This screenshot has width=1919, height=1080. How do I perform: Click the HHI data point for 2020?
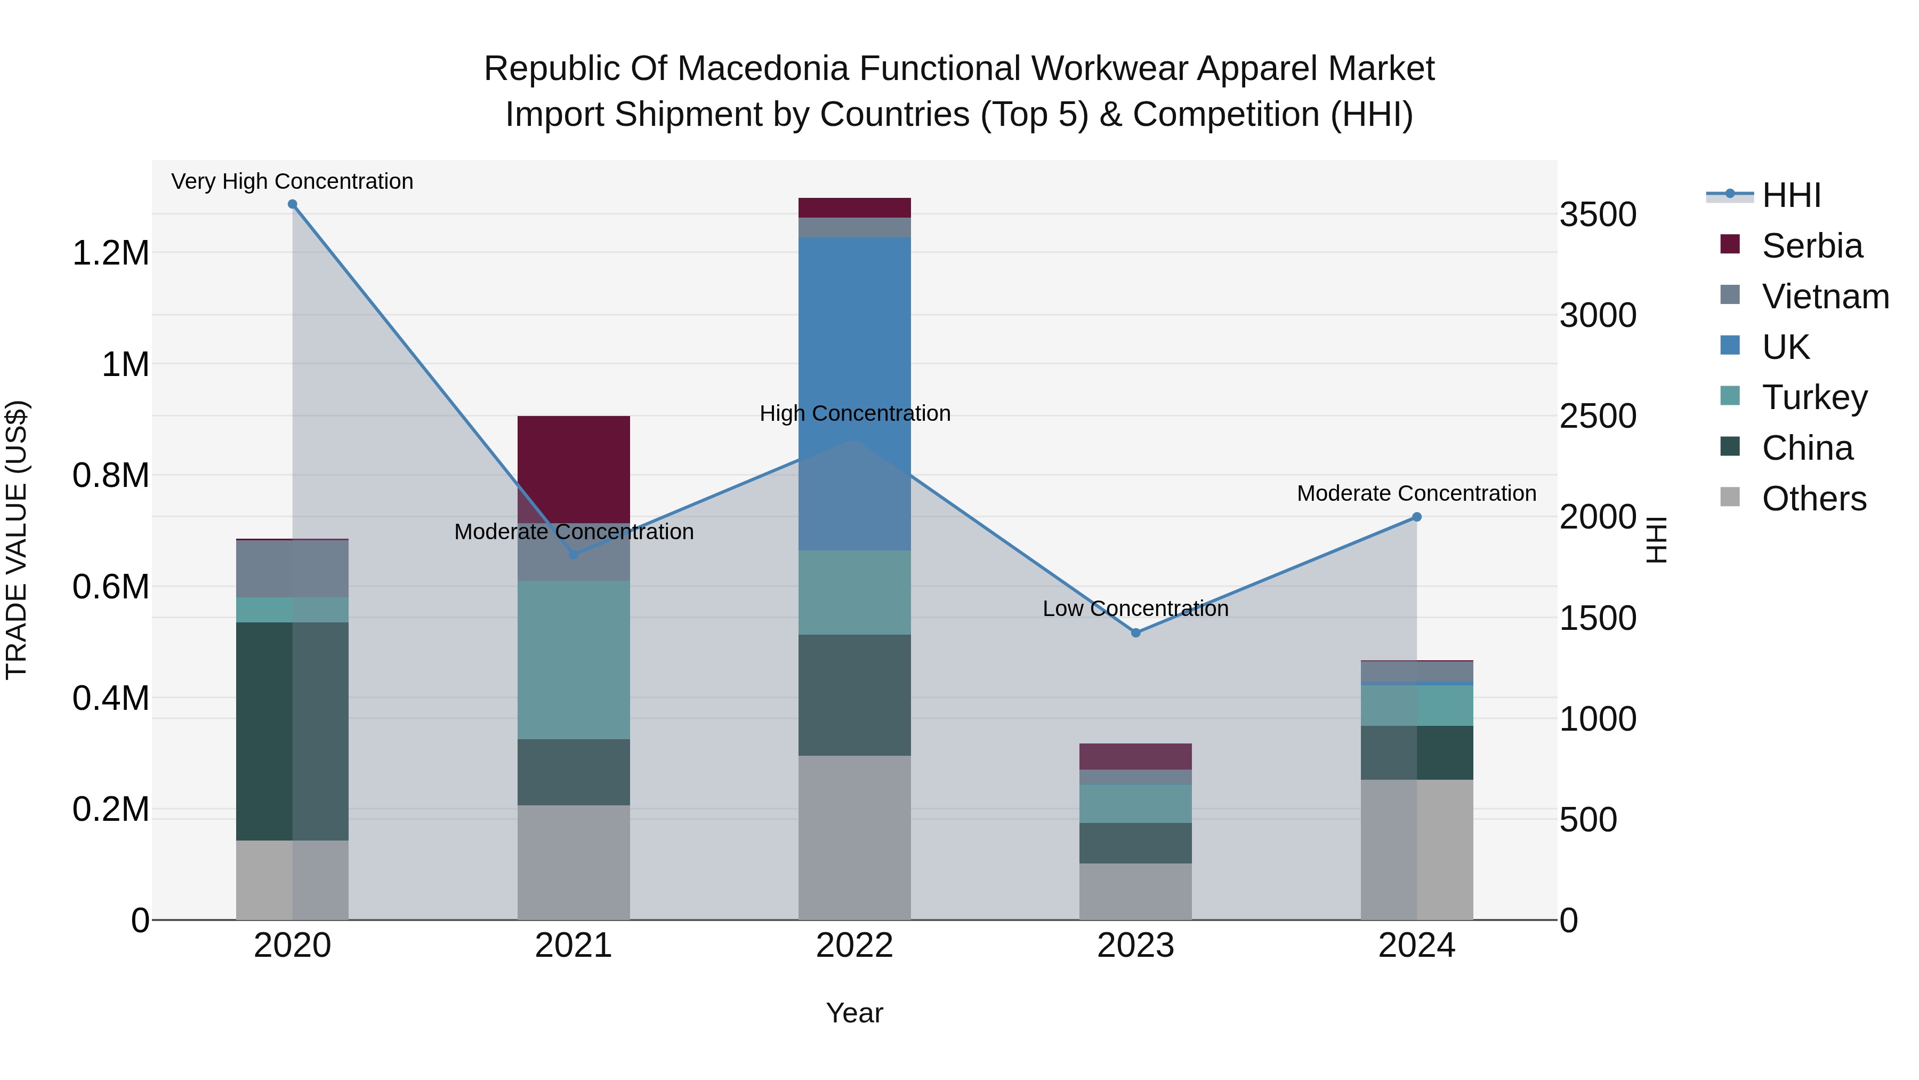pyautogui.click(x=292, y=204)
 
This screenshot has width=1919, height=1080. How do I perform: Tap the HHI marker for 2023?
pyautogui.click(x=1135, y=633)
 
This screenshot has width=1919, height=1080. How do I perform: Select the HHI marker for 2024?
pyautogui.click(x=1416, y=516)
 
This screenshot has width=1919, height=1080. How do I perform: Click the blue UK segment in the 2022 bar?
pyautogui.click(x=854, y=335)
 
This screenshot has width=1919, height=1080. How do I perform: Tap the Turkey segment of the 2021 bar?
pyautogui.click(x=574, y=660)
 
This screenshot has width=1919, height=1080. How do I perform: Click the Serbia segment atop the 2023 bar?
pyautogui.click(x=1135, y=756)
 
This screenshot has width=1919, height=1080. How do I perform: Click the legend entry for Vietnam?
pyautogui.click(x=1825, y=297)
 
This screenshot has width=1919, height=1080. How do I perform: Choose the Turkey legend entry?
pyautogui.click(x=1815, y=397)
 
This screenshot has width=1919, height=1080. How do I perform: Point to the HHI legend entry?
pyautogui.click(x=1791, y=195)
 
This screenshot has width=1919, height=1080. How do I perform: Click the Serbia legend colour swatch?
pyautogui.click(x=1730, y=244)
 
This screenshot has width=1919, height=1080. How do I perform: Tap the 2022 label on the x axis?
pyautogui.click(x=854, y=946)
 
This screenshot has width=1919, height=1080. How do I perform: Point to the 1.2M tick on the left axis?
pyautogui.click(x=111, y=253)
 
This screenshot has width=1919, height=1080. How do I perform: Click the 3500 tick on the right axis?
pyautogui.click(x=1598, y=214)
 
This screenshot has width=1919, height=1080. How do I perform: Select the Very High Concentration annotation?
pyautogui.click(x=292, y=181)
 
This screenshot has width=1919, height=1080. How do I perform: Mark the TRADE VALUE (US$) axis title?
pyautogui.click(x=17, y=540)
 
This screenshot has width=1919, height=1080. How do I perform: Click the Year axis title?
pyautogui.click(x=854, y=1013)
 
